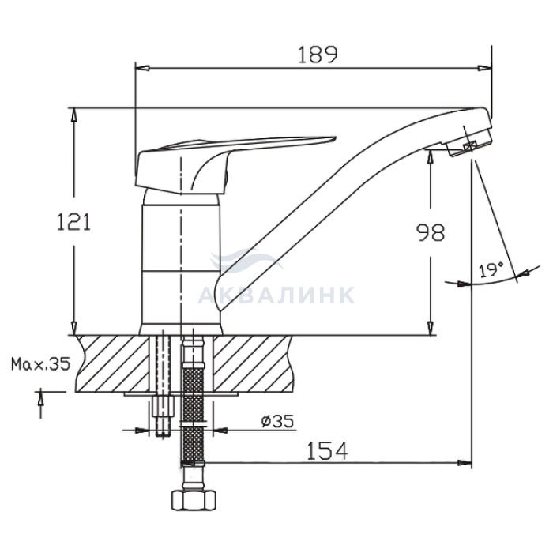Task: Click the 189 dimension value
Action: [x=318, y=55]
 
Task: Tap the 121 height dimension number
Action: [x=73, y=222]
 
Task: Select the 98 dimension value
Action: [x=431, y=232]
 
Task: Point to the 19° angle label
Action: [x=491, y=270]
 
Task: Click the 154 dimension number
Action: [x=328, y=451]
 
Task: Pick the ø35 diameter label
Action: [x=277, y=421]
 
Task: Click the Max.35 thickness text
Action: [x=41, y=364]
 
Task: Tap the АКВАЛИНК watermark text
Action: [x=276, y=295]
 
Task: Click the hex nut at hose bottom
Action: [x=194, y=499]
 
